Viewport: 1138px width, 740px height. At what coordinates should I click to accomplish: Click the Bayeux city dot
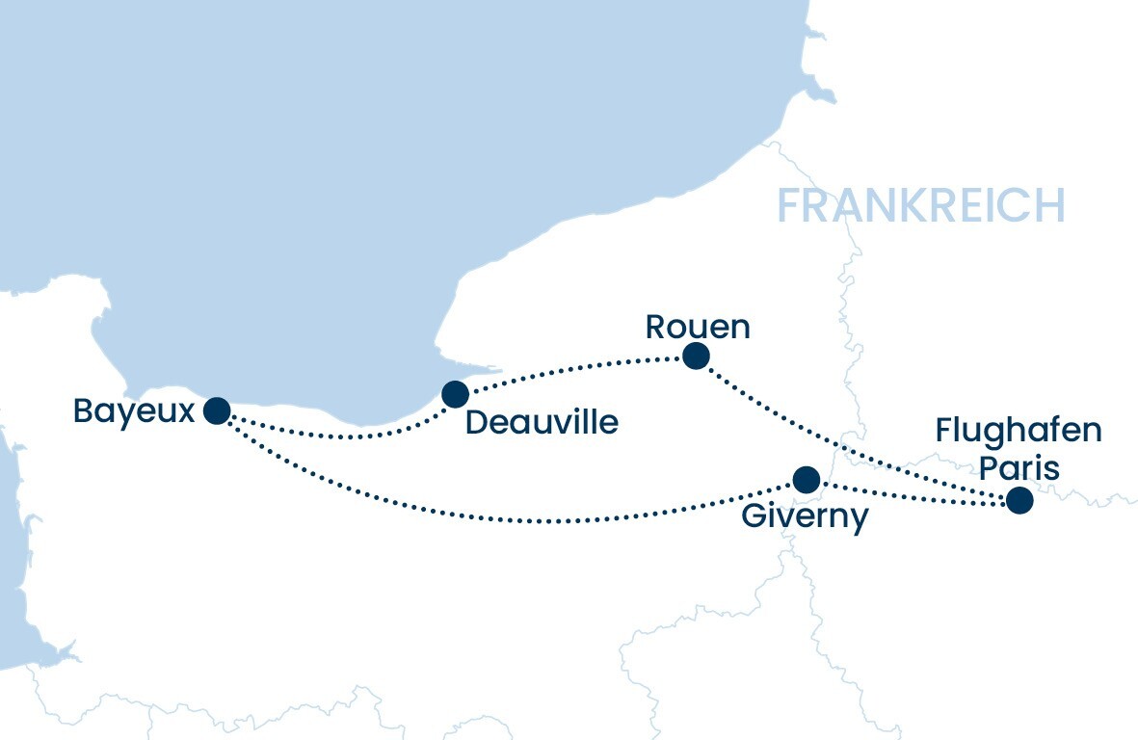click(x=217, y=411)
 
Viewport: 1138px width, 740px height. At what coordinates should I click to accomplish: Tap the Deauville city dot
click(x=455, y=393)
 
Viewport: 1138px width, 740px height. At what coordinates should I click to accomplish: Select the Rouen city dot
click(x=696, y=357)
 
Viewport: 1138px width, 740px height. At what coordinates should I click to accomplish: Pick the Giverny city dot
click(x=806, y=479)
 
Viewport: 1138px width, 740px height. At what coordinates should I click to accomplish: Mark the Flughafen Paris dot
click(x=1019, y=501)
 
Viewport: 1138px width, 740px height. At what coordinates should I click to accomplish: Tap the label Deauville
click(x=542, y=422)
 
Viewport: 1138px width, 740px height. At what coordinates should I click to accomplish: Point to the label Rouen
click(x=698, y=327)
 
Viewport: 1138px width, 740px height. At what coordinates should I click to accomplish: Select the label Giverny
click(x=805, y=516)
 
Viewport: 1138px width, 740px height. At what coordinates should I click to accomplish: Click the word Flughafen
click(x=1019, y=430)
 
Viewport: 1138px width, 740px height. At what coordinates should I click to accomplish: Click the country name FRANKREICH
click(x=920, y=206)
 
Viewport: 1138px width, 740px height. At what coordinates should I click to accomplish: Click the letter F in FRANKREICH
click(x=790, y=206)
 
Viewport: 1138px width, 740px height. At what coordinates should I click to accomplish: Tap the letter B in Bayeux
click(x=84, y=412)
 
